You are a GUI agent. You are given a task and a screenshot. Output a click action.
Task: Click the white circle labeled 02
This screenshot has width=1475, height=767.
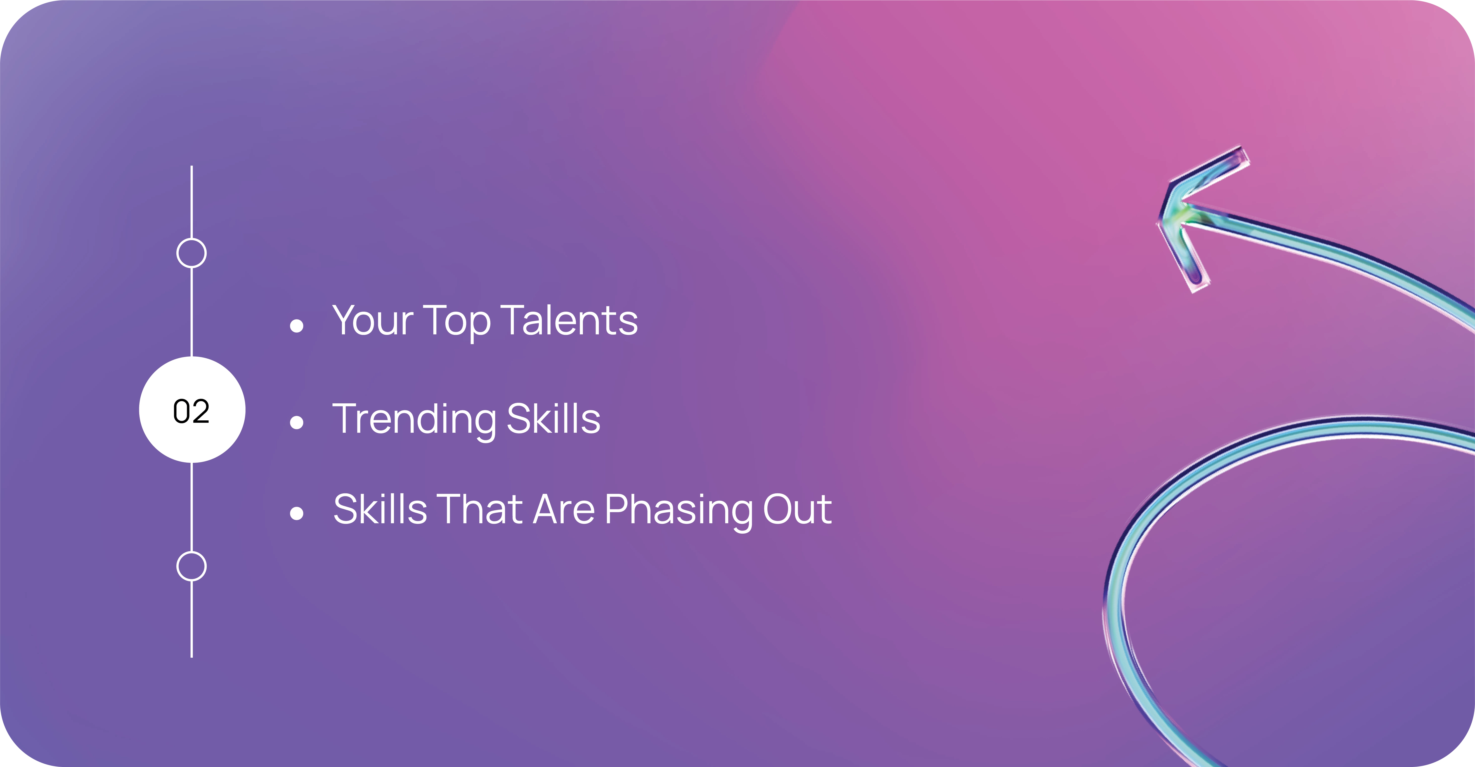[x=192, y=409]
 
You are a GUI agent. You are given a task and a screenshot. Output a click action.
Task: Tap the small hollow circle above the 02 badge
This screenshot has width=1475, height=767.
[x=191, y=253]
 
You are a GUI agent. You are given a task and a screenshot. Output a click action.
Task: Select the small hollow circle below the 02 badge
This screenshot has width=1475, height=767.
[x=191, y=566]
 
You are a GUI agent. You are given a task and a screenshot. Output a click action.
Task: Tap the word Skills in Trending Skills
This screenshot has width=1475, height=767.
[x=554, y=418]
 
